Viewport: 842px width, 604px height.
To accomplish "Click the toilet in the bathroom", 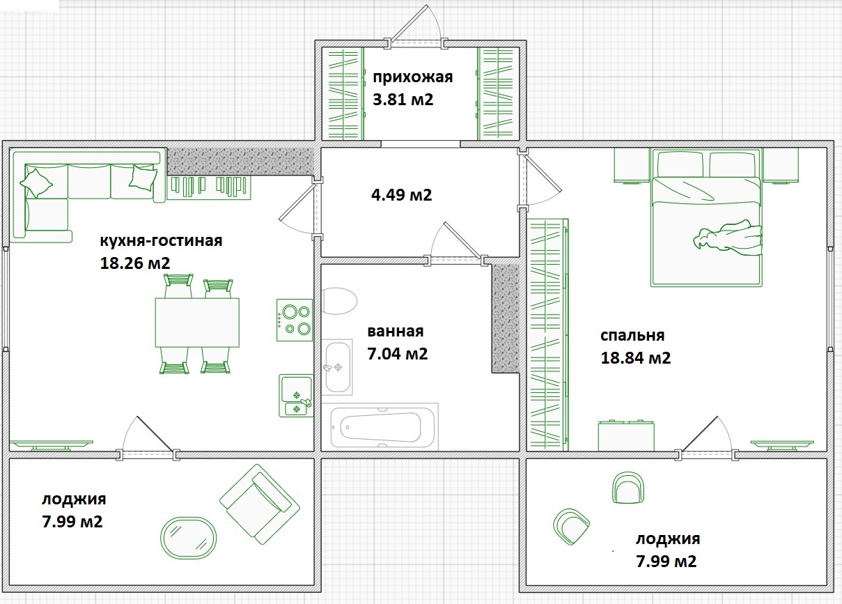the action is pos(339,301).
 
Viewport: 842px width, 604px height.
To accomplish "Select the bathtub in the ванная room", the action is pos(380,427).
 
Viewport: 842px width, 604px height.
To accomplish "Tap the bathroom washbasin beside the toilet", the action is pos(338,367).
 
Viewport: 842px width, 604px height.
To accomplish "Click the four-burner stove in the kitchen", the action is pos(295,320).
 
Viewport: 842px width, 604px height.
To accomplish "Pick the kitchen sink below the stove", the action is pos(296,396).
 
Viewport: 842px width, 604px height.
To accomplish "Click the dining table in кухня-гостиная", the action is pos(197,323).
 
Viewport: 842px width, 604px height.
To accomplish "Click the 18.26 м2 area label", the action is pos(135,263).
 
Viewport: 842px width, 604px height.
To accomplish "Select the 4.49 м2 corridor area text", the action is pos(401,195).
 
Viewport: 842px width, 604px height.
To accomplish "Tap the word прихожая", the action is pos(413,77).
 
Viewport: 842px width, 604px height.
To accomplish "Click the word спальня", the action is pos(632,336).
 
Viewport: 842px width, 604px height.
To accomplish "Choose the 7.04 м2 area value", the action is pos(397,354).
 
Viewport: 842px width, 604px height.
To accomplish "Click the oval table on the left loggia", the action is pos(188,538).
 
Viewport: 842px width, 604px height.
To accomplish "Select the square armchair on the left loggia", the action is pos(260,504).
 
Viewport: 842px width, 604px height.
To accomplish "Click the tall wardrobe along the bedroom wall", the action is pos(547,334).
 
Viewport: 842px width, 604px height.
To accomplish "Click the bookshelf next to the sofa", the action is pos(209,187).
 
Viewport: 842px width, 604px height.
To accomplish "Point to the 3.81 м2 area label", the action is pos(403,100).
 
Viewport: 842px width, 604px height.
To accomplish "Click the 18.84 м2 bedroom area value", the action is pos(636,357).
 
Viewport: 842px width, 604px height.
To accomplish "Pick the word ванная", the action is pos(396,332).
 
